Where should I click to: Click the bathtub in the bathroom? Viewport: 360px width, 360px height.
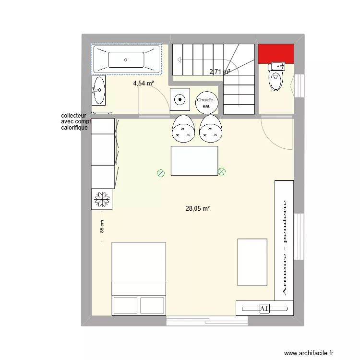(126, 60)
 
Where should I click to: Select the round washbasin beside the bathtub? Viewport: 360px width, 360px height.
(99, 90)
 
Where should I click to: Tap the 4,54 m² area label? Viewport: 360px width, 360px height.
(144, 84)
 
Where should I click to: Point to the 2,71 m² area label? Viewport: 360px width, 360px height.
(219, 72)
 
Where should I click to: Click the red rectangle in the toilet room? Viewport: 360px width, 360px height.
(276, 53)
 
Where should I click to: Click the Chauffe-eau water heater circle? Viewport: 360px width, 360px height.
(207, 102)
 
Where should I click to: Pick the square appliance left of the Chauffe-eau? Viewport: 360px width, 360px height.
(180, 100)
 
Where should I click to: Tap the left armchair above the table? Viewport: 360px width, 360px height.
(182, 129)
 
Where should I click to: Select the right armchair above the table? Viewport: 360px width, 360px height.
(211, 129)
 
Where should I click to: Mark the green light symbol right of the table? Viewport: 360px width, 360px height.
(222, 171)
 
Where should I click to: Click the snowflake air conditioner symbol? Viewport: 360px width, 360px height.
(101, 199)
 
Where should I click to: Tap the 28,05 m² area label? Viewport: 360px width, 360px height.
(198, 209)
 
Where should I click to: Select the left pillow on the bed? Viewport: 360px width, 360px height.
(125, 305)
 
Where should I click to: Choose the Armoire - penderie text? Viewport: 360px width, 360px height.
(284, 247)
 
